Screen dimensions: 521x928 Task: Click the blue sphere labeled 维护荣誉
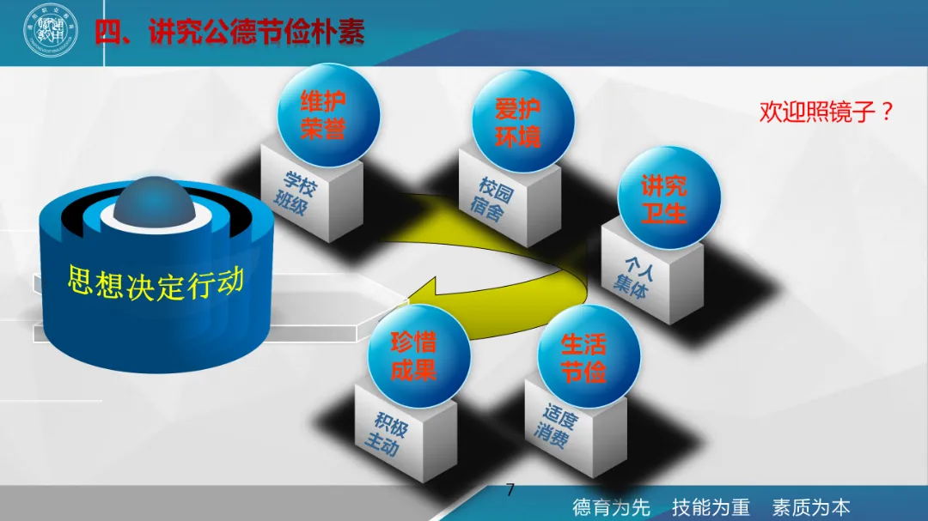coord(324,115)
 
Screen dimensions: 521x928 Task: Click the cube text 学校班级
coord(296,195)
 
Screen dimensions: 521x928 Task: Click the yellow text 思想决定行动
coord(156,282)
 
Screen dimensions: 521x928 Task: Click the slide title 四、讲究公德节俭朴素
coord(229,33)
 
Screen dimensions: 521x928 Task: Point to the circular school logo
coord(50,32)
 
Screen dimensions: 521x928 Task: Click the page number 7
coord(510,491)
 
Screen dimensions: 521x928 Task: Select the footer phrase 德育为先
coord(612,506)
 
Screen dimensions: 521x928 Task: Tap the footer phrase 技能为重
coord(711,506)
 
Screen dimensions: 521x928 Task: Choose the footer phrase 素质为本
coord(810,506)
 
